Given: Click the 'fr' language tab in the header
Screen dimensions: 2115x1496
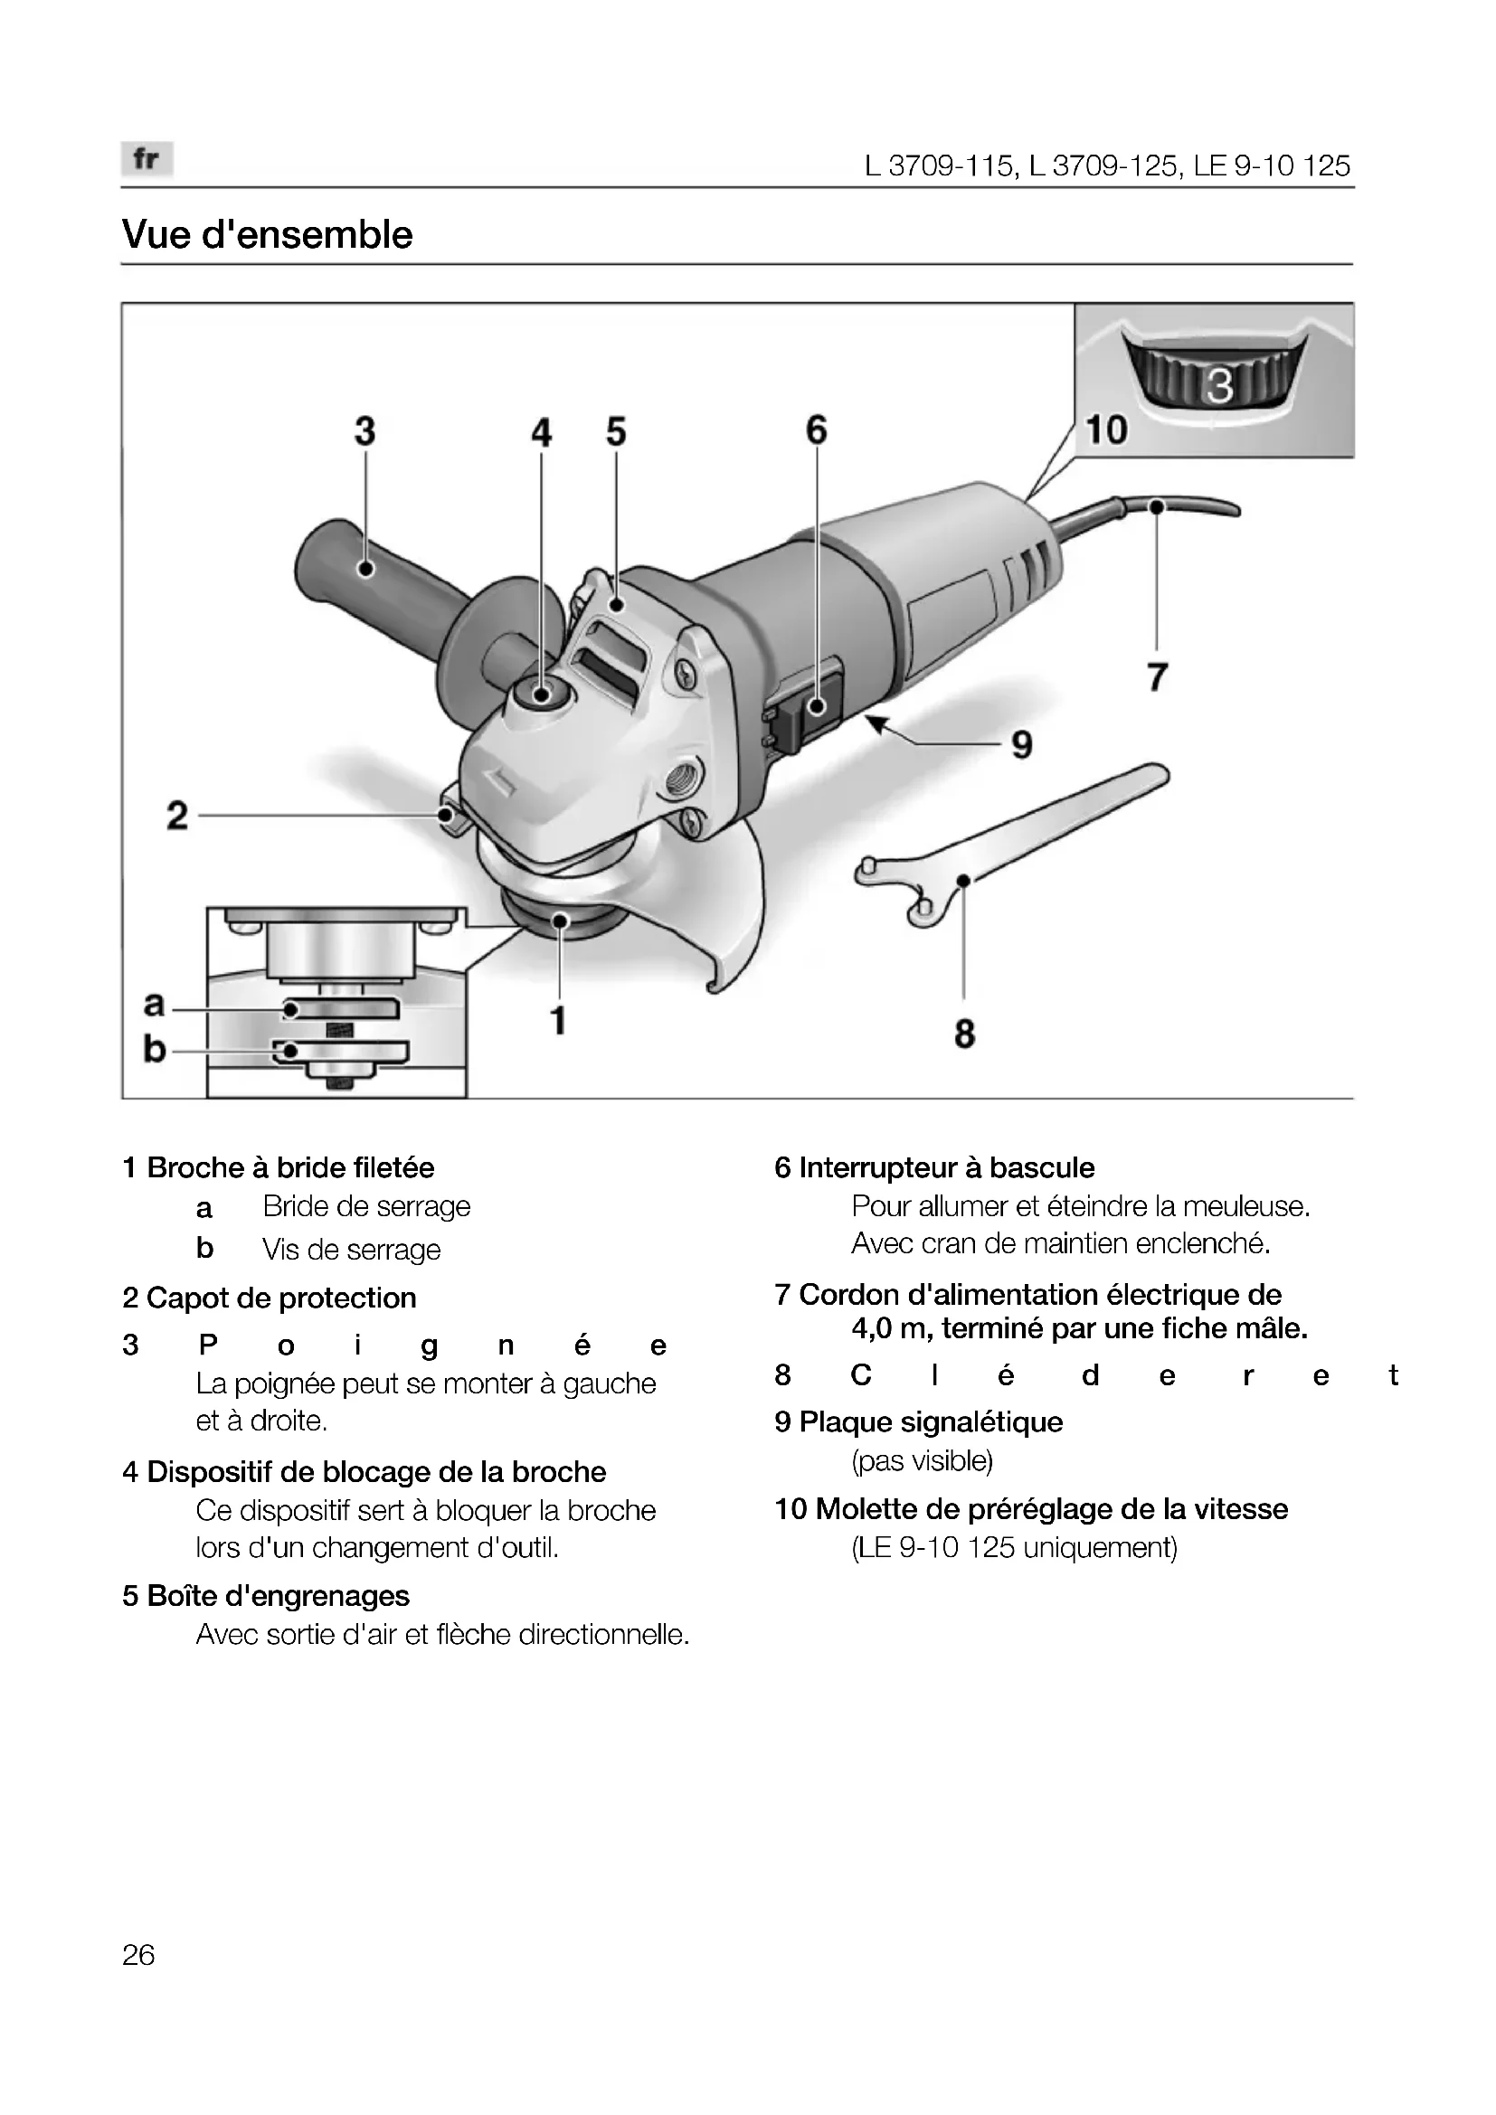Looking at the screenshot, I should coord(147,159).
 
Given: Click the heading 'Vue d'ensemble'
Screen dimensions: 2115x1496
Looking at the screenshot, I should coord(267,235).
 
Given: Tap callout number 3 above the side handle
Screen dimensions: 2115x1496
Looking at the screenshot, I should coord(365,431).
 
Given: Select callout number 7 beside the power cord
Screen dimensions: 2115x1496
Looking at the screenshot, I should coord(1157,678).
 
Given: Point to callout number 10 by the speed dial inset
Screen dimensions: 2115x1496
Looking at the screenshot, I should coord(1105,430).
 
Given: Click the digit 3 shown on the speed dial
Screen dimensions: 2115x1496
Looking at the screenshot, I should coord(1219,386).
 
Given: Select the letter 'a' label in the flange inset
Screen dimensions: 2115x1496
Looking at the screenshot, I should coord(154,1003).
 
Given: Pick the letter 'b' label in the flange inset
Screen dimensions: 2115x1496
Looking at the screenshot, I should coord(154,1048).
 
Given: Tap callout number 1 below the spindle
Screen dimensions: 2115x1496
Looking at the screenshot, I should coord(557,1021).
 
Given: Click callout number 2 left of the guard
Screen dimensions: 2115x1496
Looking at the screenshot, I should coord(177,816).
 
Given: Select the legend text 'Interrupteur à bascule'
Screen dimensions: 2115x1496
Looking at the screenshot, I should coord(946,1168).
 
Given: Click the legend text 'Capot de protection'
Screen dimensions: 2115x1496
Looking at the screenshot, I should coord(281,1298).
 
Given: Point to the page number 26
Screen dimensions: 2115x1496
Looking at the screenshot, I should coord(138,1954).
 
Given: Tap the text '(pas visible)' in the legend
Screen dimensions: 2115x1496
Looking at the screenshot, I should coord(922,1461).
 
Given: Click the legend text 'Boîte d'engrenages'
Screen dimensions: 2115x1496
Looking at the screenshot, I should coord(279,1595).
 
